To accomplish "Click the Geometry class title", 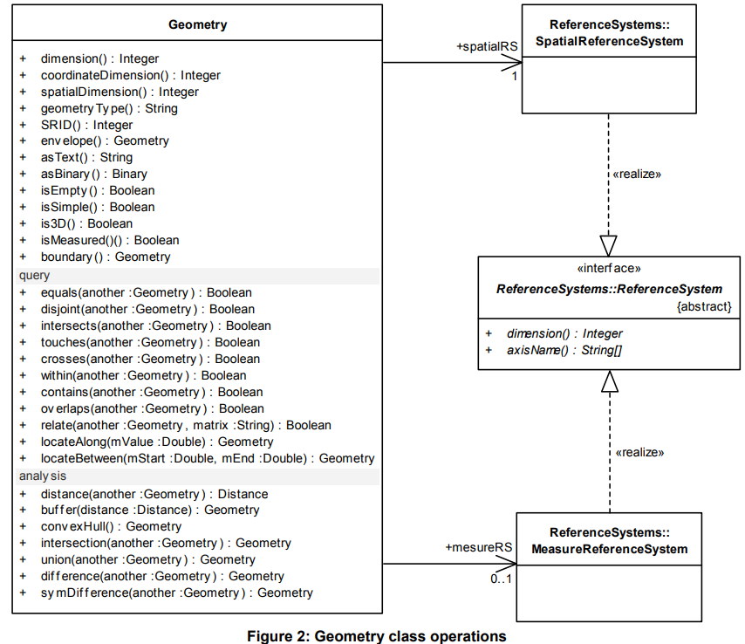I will coord(197,24).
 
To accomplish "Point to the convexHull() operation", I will coord(112,526).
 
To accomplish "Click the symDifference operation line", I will coord(176,593).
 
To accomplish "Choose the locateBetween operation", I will coord(208,458).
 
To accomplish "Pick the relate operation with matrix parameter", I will coord(186,425).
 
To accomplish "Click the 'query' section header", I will coord(35,276).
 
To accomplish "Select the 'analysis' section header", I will coord(43,476).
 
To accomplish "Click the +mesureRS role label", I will coord(479,548).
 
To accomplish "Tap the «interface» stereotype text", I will coord(609,270).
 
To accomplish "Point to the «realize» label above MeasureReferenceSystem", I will coord(639,452).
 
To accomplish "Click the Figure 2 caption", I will coord(377,636).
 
